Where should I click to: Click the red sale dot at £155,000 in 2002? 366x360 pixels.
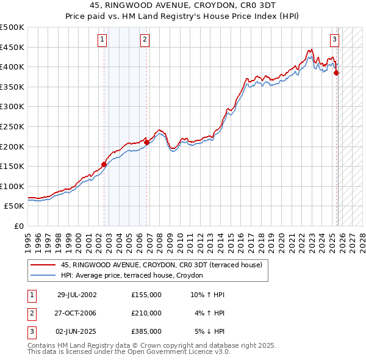104,164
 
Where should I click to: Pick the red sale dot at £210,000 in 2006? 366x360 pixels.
147,142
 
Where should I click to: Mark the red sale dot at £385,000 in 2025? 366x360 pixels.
337,73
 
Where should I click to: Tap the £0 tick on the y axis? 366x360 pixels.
18,226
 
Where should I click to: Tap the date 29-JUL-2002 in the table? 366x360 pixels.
77,294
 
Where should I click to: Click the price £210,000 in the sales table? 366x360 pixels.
146,313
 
